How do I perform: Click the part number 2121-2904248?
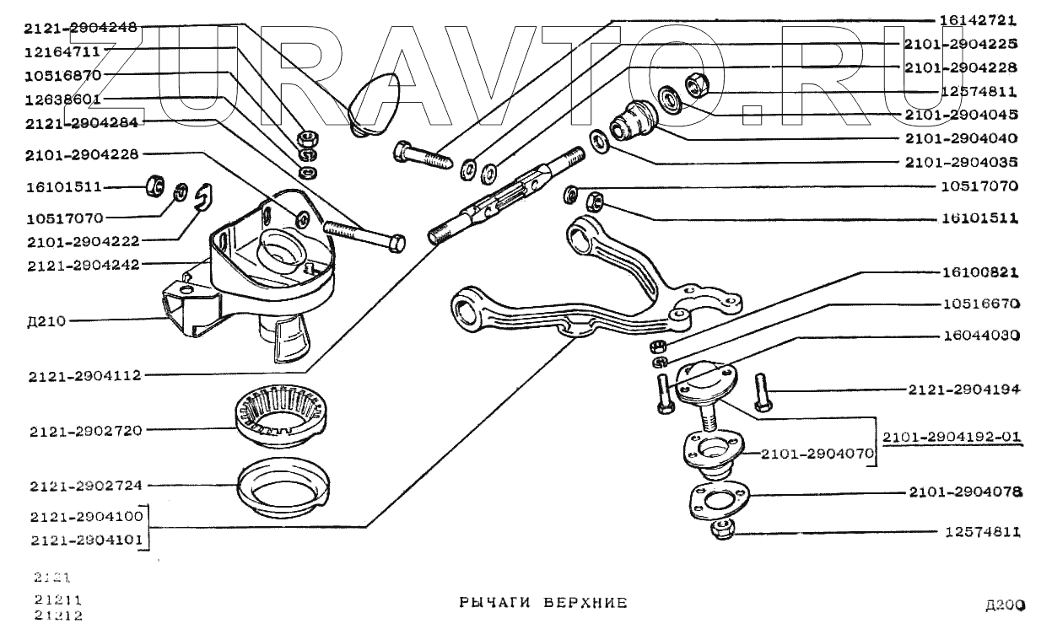click(81, 28)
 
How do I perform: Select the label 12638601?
click(63, 99)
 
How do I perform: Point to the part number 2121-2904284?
click(81, 122)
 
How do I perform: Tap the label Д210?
click(47, 321)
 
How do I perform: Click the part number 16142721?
click(978, 19)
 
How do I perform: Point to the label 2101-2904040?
click(960, 138)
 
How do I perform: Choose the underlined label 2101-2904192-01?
click(952, 438)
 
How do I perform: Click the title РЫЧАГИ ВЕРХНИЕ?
click(543, 603)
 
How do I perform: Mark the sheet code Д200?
click(1005, 605)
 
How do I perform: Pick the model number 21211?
click(52, 599)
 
